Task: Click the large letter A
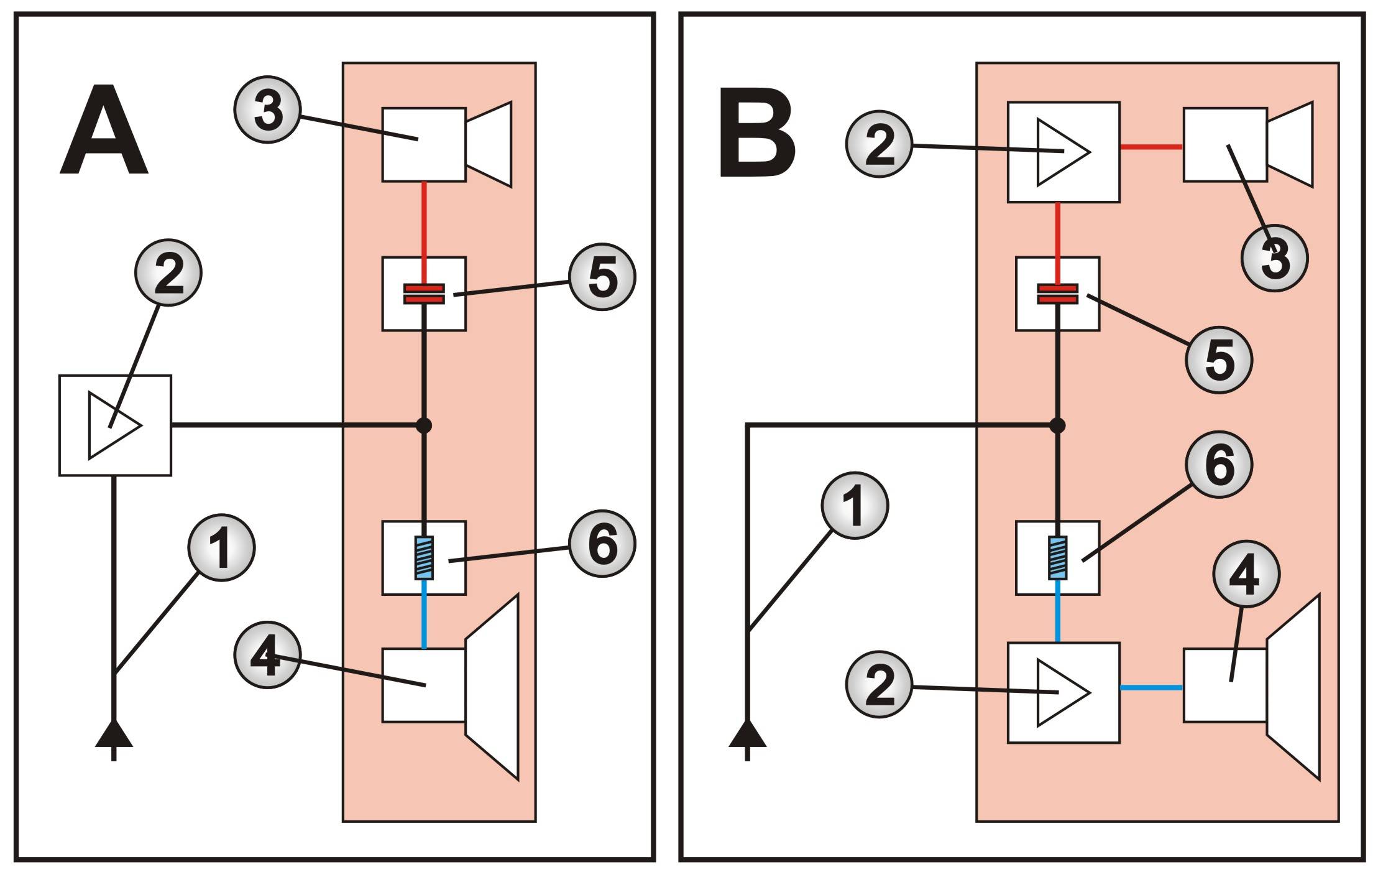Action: (104, 132)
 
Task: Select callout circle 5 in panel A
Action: (602, 277)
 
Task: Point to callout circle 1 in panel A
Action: (221, 548)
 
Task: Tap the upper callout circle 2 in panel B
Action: (879, 144)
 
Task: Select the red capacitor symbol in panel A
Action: (424, 294)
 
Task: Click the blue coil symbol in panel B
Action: (1057, 558)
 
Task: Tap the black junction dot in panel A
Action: (424, 425)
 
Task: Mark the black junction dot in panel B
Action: (1057, 425)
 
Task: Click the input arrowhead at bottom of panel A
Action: (114, 736)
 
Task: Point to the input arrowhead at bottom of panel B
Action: (747, 736)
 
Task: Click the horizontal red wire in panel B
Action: (1151, 147)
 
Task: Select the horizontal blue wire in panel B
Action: (1151, 687)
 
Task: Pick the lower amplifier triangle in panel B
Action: (1062, 692)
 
